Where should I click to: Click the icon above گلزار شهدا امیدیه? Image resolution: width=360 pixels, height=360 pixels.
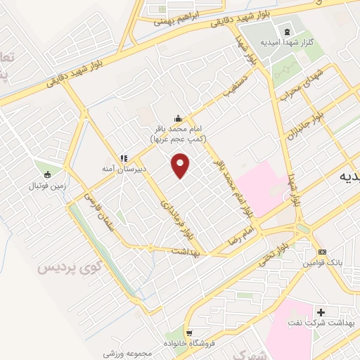point(286,32)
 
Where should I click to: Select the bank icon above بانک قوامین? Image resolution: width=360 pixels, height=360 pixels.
point(322,252)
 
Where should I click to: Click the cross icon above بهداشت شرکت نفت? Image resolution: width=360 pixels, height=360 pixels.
point(322,311)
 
